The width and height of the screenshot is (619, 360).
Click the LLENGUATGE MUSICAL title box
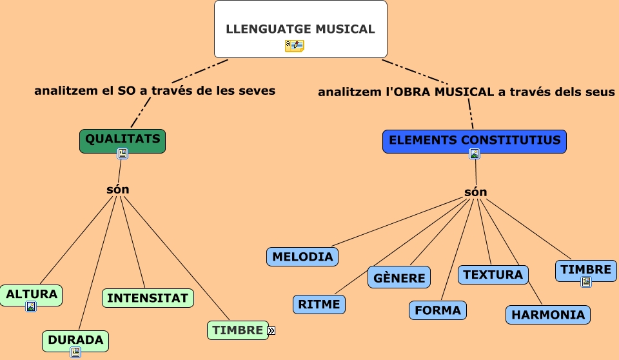tap(300, 28)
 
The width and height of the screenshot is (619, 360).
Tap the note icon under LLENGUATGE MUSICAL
tap(294, 46)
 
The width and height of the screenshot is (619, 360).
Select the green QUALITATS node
tap(123, 139)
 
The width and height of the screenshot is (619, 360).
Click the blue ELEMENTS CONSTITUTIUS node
tap(475, 140)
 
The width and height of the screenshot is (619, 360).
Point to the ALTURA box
tap(32, 295)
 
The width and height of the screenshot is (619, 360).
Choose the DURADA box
tap(75, 339)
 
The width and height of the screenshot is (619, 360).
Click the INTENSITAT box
tap(148, 298)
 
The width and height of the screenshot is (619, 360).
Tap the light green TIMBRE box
tap(237, 330)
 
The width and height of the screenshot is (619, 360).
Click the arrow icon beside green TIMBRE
tap(271, 330)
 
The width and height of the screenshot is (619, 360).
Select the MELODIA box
tap(302, 256)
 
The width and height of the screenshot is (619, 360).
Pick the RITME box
tap(319, 304)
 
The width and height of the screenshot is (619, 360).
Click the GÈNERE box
tap(399, 277)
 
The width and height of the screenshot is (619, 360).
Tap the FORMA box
tap(437, 310)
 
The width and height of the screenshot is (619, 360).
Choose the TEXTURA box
tap(493, 274)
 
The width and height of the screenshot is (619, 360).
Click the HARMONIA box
tap(548, 315)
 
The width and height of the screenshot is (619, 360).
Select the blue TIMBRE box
tap(585, 269)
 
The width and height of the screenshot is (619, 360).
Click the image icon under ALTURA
tap(31, 306)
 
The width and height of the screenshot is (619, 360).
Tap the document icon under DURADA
tap(75, 352)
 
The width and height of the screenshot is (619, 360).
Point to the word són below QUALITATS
tap(117, 189)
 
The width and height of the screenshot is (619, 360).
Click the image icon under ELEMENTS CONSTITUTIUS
tap(475, 154)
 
